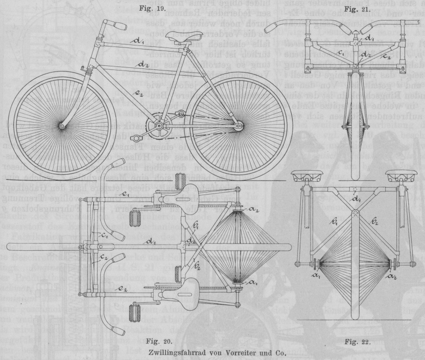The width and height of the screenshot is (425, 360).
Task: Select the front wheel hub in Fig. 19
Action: (62, 126)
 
